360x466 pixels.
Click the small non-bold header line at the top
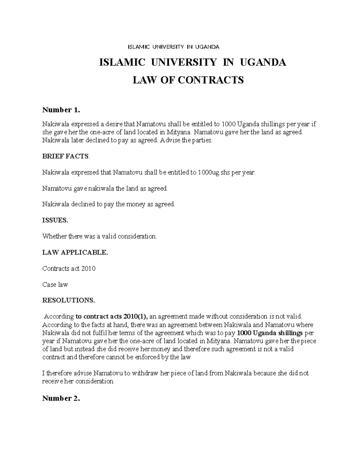[x=174, y=47]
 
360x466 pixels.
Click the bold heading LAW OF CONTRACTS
[x=188, y=80]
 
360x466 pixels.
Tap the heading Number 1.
[x=61, y=110]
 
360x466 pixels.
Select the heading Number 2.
[x=61, y=398]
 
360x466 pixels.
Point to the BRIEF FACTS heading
[x=66, y=156]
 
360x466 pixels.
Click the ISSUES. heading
[x=55, y=220]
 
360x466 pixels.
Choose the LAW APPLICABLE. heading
[x=75, y=252]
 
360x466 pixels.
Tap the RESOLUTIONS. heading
[x=68, y=300]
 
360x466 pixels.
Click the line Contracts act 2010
[x=69, y=269]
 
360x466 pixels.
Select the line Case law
[x=55, y=284]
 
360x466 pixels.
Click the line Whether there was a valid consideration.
[x=100, y=236]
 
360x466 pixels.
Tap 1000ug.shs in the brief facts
[x=213, y=173]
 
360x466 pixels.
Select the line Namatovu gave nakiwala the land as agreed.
[x=105, y=189]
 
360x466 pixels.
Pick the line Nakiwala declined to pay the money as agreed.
[x=108, y=204]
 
